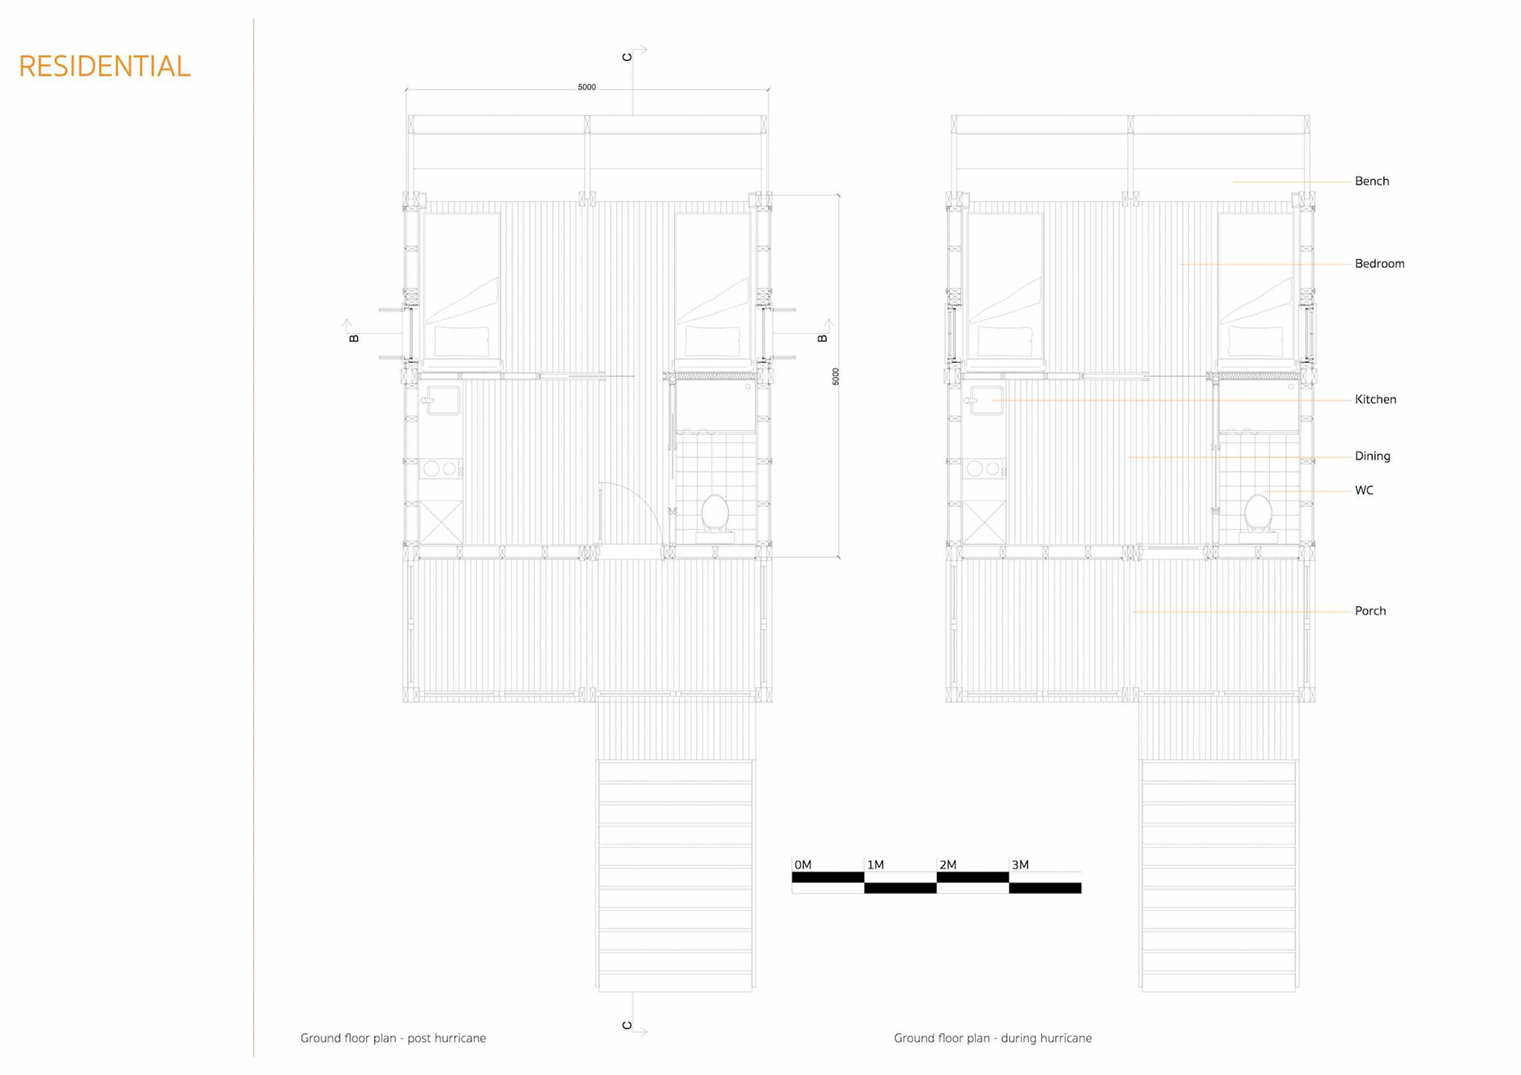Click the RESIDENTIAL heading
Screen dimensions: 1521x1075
[105, 67]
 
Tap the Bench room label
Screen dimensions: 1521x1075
[1371, 181]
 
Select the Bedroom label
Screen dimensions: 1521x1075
[1379, 264]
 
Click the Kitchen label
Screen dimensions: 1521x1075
[1375, 400]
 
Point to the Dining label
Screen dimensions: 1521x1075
[1372, 456]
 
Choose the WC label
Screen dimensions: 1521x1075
[1363, 490]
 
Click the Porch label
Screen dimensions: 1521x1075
[1370, 611]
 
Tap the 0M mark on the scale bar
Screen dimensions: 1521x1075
[802, 865]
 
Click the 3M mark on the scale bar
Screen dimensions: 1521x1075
[1020, 865]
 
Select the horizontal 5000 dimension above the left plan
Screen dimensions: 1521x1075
[586, 87]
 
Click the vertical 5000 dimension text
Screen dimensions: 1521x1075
[836, 376]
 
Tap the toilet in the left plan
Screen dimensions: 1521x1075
[715, 513]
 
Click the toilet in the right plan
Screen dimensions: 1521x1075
[1258, 513]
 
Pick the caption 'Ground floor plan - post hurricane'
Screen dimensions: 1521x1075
[393, 1038]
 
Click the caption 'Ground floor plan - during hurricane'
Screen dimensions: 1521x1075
[993, 1038]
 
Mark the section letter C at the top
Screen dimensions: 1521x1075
[627, 57]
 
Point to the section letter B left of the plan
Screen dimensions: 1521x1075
[354, 338]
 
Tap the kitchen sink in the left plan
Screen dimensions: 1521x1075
[442, 400]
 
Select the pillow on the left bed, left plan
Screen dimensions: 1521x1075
[461, 341]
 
